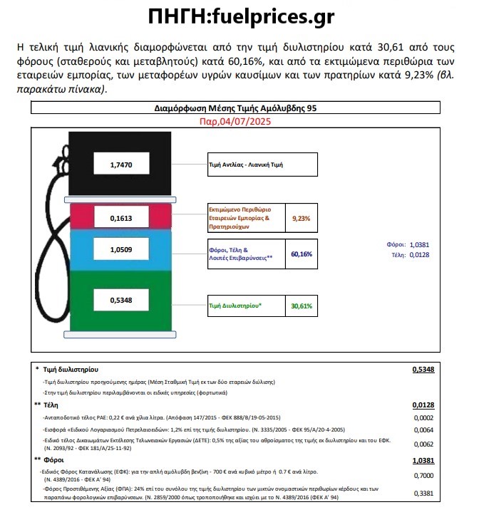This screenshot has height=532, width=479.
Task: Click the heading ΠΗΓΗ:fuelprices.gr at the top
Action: click(239, 16)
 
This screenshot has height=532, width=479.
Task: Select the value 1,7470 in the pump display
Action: click(121, 165)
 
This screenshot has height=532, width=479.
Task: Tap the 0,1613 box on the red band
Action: click(121, 217)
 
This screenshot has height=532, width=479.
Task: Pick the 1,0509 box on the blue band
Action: click(121, 251)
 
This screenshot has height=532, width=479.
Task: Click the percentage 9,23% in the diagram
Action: click(301, 219)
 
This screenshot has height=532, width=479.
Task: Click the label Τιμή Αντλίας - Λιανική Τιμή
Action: click(246, 164)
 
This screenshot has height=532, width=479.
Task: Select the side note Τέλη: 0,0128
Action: click(413, 254)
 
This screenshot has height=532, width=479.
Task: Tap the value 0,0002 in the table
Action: click(423, 417)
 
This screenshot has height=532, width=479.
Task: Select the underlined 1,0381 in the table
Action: click(423, 461)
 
